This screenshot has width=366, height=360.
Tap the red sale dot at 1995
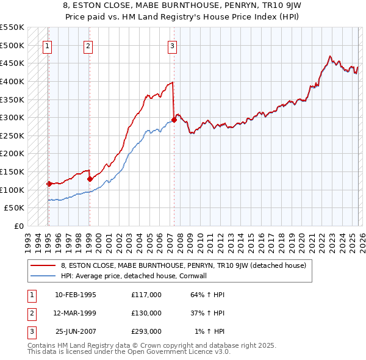pos(49,183)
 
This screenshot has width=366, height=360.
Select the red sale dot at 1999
pos(90,179)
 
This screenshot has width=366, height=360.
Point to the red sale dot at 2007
pos(174,120)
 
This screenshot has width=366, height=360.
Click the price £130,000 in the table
pos(146,313)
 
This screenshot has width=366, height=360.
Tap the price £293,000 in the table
pos(146,331)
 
